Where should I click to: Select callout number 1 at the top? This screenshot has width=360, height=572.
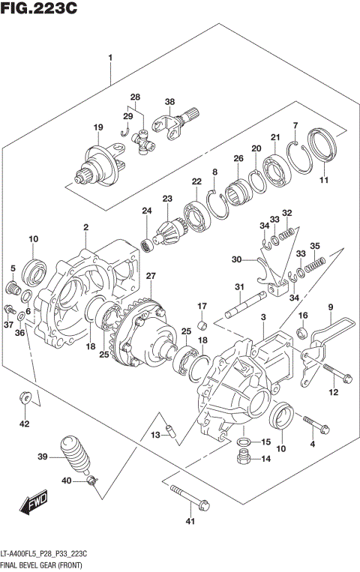(111, 58)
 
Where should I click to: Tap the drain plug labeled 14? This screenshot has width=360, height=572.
(242, 459)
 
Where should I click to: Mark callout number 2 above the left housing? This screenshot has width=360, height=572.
(86, 226)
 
